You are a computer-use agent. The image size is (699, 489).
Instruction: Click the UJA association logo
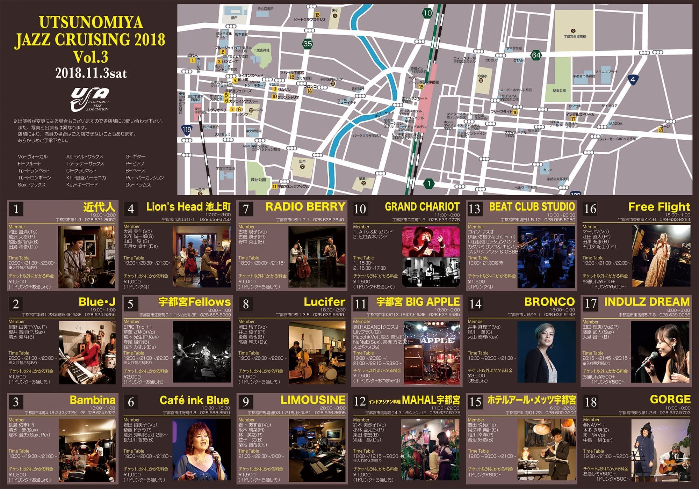click(x=90, y=99)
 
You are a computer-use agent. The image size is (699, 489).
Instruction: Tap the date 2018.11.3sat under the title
click(x=91, y=73)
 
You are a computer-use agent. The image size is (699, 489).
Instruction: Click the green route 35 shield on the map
click(x=307, y=44)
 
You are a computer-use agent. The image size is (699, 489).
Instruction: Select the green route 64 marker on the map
click(x=536, y=55)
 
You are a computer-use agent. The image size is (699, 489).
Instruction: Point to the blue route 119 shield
click(x=187, y=130)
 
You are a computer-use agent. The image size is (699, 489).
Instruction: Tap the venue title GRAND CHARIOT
click(x=422, y=207)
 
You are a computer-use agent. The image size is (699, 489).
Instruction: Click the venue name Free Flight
click(x=659, y=207)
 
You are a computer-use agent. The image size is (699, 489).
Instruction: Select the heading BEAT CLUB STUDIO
click(x=532, y=206)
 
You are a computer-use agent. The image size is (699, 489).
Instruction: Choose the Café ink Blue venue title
click(x=194, y=400)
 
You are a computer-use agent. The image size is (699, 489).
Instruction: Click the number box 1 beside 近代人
click(x=16, y=209)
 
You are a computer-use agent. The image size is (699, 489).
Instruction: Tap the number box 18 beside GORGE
click(x=591, y=402)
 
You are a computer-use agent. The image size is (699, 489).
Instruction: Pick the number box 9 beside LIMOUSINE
click(x=246, y=402)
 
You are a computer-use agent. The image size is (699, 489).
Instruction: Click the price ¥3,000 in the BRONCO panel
click(x=476, y=376)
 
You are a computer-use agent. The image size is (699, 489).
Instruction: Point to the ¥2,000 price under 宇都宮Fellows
click(x=132, y=377)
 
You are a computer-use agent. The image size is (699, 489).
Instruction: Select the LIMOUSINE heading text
click(x=313, y=400)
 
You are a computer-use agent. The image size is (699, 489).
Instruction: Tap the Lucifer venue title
click(x=324, y=302)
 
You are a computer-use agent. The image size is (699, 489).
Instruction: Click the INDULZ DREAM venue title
click(x=647, y=302)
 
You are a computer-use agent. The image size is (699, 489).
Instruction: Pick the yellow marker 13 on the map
click(x=317, y=15)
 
